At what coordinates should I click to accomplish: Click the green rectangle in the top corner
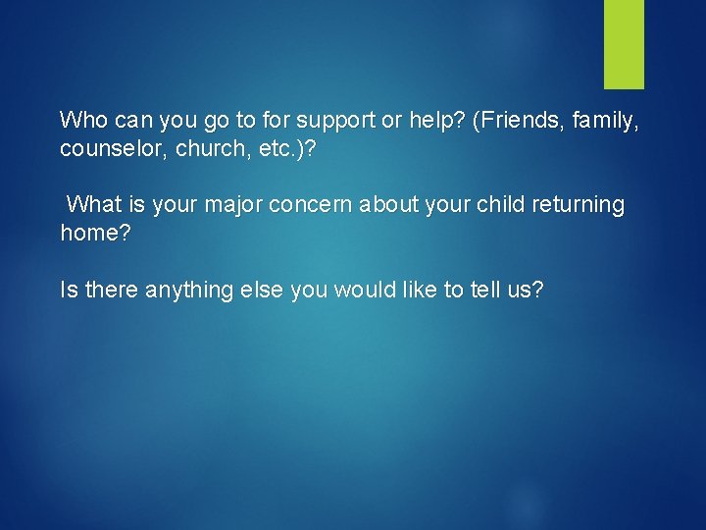[x=624, y=44]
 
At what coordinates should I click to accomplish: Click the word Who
[x=81, y=121]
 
